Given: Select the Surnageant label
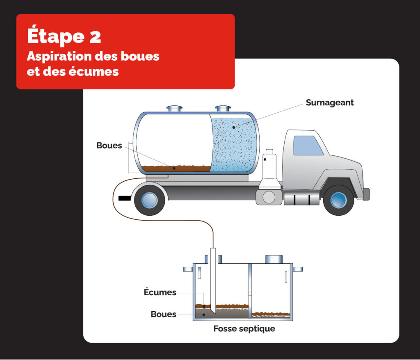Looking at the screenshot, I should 329,103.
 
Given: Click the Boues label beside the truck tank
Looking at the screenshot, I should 109,146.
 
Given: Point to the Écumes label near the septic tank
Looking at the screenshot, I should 160,292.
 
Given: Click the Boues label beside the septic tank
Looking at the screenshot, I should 163,314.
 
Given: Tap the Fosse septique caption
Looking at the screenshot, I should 244,329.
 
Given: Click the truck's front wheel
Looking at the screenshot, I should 338,201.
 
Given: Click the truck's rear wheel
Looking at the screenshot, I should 149,200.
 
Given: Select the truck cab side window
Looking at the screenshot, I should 308,145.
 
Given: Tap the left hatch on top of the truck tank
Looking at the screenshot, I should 174,109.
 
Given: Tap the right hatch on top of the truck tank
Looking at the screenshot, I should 223,109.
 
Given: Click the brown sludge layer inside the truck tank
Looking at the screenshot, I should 176,169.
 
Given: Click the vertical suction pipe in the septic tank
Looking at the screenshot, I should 213,279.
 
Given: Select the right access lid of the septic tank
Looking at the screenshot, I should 274,259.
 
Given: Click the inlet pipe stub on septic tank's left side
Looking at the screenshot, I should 188,269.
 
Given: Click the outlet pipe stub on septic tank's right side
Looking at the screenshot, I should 298,269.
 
